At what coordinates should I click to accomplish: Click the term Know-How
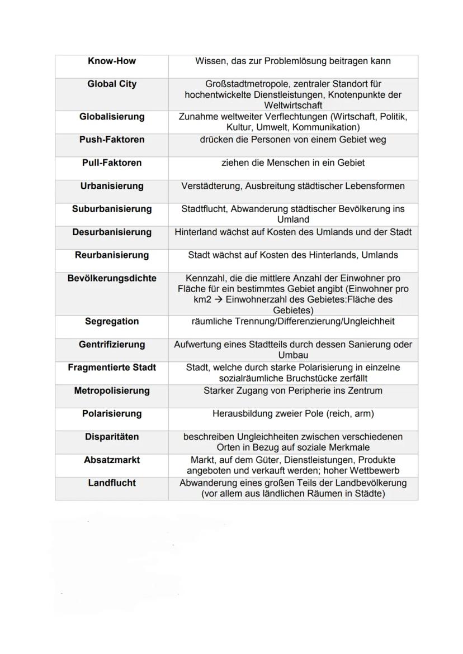[112, 61]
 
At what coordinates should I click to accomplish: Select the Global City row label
[112, 84]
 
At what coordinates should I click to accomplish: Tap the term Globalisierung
[112, 117]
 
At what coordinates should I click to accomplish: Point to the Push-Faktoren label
[112, 140]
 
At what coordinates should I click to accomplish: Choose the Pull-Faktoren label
[112, 163]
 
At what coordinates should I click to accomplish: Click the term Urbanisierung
[112, 186]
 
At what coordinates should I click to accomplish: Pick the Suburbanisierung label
[112, 209]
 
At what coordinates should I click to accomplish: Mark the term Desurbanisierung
[112, 232]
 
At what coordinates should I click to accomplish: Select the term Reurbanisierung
[112, 255]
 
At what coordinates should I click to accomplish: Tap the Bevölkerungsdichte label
[112, 278]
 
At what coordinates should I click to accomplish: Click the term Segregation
[112, 322]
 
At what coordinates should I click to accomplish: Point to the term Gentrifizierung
[112, 345]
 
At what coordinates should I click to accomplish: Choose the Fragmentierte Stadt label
[112, 367]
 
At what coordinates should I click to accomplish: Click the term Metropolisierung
[112, 391]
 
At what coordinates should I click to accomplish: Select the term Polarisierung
[112, 414]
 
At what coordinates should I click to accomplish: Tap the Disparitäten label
[112, 437]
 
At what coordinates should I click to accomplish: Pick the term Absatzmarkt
[112, 460]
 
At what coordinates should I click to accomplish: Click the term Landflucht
[112, 483]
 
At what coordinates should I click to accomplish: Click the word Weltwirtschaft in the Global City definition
[293, 106]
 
